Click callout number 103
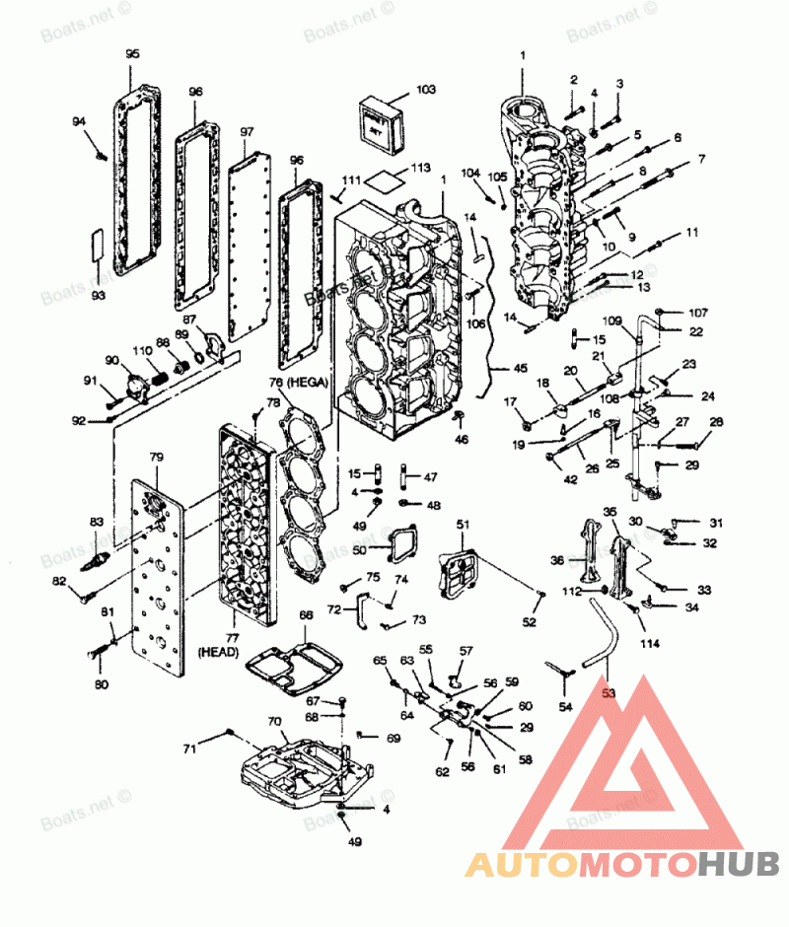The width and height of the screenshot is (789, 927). click(425, 90)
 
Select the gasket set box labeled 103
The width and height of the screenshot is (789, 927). click(380, 123)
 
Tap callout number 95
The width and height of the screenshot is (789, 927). click(133, 54)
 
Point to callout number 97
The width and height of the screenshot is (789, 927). click(247, 132)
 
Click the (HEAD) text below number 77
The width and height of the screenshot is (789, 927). click(213, 652)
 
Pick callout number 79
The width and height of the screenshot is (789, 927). click(155, 457)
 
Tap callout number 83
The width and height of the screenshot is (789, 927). click(96, 522)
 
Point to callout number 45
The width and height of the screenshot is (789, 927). click(520, 369)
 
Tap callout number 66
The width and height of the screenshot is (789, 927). click(306, 615)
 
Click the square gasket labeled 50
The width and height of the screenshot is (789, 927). click(398, 543)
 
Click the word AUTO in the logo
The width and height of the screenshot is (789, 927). click(521, 864)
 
